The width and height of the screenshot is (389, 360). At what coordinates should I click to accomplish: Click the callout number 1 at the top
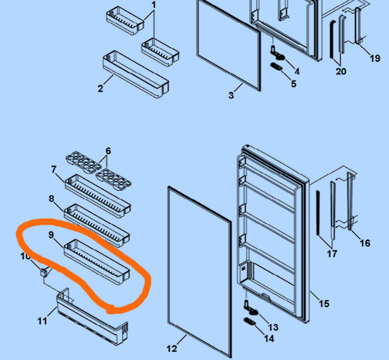point(153,5)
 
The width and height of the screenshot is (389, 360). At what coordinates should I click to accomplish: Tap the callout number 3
point(231,94)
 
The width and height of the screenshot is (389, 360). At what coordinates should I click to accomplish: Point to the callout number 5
point(293,84)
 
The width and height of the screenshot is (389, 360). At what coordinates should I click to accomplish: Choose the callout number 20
point(341,71)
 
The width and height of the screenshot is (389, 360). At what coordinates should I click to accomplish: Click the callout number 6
point(108,151)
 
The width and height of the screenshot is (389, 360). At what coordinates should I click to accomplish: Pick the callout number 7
point(54,169)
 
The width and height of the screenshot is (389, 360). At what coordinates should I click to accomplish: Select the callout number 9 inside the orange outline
point(51,235)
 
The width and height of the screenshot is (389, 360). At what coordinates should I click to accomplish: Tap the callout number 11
point(43,320)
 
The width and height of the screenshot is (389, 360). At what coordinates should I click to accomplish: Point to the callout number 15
point(323,303)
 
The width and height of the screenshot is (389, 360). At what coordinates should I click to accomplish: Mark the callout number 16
point(365,243)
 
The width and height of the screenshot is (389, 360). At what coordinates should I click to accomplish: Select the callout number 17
point(331,253)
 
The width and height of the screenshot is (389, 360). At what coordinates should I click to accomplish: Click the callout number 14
point(269,338)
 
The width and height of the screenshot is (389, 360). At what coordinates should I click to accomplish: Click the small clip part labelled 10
point(44,271)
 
